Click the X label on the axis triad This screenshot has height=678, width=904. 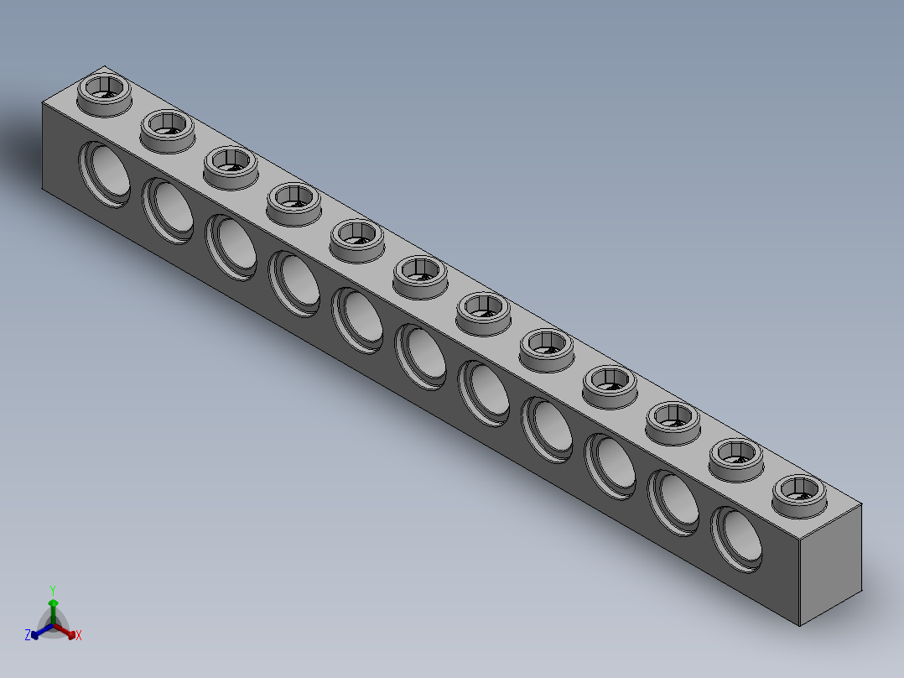click(79, 635)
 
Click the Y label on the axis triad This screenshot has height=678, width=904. click(53, 590)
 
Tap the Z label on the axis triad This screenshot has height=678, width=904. click(28, 635)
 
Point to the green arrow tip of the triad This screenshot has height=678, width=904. click(53, 602)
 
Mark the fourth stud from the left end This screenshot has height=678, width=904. click(294, 199)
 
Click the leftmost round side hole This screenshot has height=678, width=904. click(105, 174)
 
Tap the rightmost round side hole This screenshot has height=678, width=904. click(738, 538)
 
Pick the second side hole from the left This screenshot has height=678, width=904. click(169, 210)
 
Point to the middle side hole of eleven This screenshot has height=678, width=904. click(422, 356)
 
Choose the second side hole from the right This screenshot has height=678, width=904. click(675, 501)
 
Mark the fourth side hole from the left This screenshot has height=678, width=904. click(295, 283)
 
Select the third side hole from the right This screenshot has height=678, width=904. click(611, 465)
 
